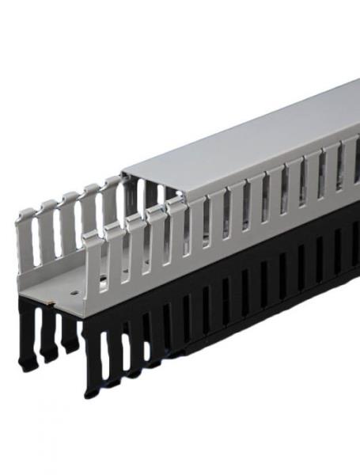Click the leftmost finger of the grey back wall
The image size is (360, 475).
[x=27, y=237]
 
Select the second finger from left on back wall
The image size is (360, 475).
[x=48, y=230]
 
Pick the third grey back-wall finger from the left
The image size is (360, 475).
[x=70, y=222]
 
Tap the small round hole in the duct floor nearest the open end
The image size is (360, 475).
[x=70, y=291]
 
